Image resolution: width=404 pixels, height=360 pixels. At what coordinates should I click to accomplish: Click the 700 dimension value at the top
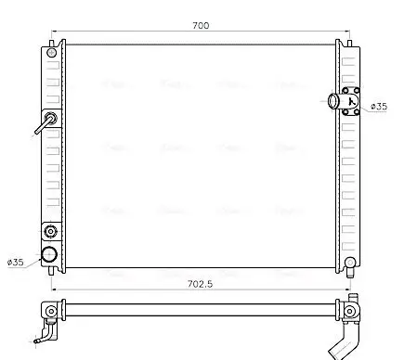(200, 25)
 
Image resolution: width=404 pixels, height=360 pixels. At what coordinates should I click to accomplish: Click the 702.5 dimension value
(199, 285)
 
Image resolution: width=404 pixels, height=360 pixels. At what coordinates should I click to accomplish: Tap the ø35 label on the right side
(379, 108)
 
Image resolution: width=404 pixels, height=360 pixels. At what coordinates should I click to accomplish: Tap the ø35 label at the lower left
(16, 263)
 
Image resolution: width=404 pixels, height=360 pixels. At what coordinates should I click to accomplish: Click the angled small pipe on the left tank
(44, 124)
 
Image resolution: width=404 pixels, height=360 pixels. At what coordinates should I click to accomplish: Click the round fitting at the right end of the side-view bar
(350, 309)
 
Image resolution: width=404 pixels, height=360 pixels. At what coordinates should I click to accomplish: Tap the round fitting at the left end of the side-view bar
(48, 310)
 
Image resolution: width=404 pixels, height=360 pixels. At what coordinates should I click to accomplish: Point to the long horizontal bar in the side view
(200, 310)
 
